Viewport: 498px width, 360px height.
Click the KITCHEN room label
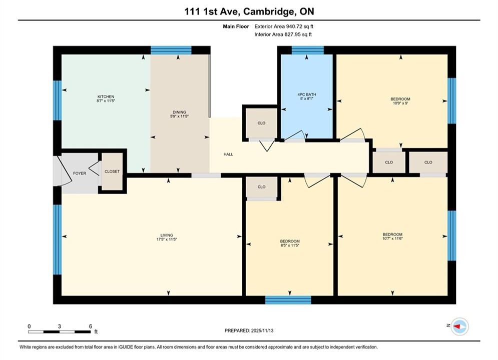pos(106,96)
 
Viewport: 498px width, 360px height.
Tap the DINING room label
pos(180,112)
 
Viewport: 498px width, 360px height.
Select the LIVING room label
pos(167,235)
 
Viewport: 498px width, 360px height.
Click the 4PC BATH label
pos(307,94)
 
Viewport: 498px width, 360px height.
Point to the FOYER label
pos(80,173)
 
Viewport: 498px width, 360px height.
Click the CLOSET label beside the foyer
pos(112,171)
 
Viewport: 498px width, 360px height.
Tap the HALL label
pos(228,154)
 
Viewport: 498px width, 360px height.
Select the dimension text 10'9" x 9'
pos(400,103)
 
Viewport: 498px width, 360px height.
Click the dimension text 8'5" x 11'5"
pos(290,245)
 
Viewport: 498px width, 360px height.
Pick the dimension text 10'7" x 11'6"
pos(392,238)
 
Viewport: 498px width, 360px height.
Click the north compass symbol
pos(459,326)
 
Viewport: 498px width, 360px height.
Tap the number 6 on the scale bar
pos(91,326)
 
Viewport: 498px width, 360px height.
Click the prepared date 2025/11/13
pos(262,330)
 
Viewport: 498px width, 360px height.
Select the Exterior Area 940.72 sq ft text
pos(284,26)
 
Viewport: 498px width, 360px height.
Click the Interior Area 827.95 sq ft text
pos(283,34)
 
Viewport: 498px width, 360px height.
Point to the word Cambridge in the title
pos(268,11)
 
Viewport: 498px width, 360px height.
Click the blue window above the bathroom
pos(307,50)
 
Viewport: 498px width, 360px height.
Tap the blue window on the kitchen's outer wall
pos(57,100)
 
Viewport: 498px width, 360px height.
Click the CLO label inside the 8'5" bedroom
pos(261,187)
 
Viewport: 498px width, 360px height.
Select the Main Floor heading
pos(236,26)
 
